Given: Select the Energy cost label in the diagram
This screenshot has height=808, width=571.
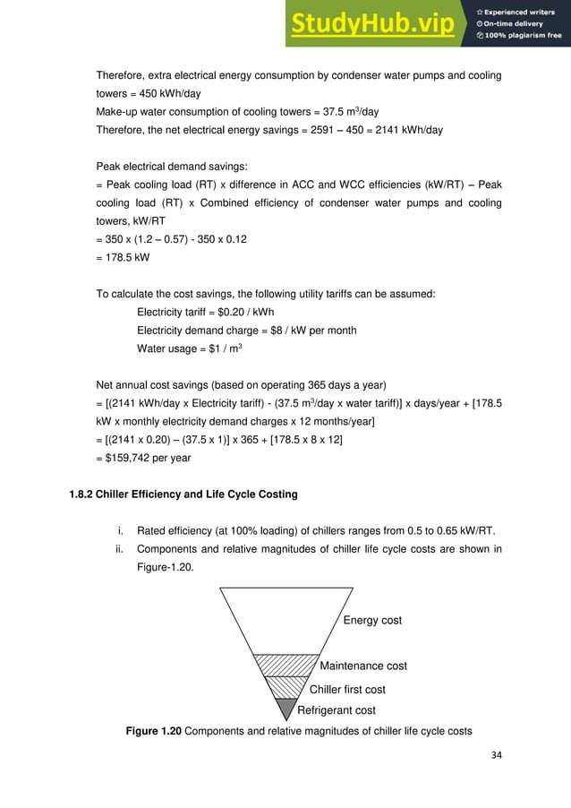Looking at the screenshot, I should (372, 620).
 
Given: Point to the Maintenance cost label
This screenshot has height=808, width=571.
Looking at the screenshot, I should (363, 666).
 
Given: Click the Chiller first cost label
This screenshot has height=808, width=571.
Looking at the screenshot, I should (347, 689).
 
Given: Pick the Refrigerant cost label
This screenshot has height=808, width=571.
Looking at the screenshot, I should (336, 710).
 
